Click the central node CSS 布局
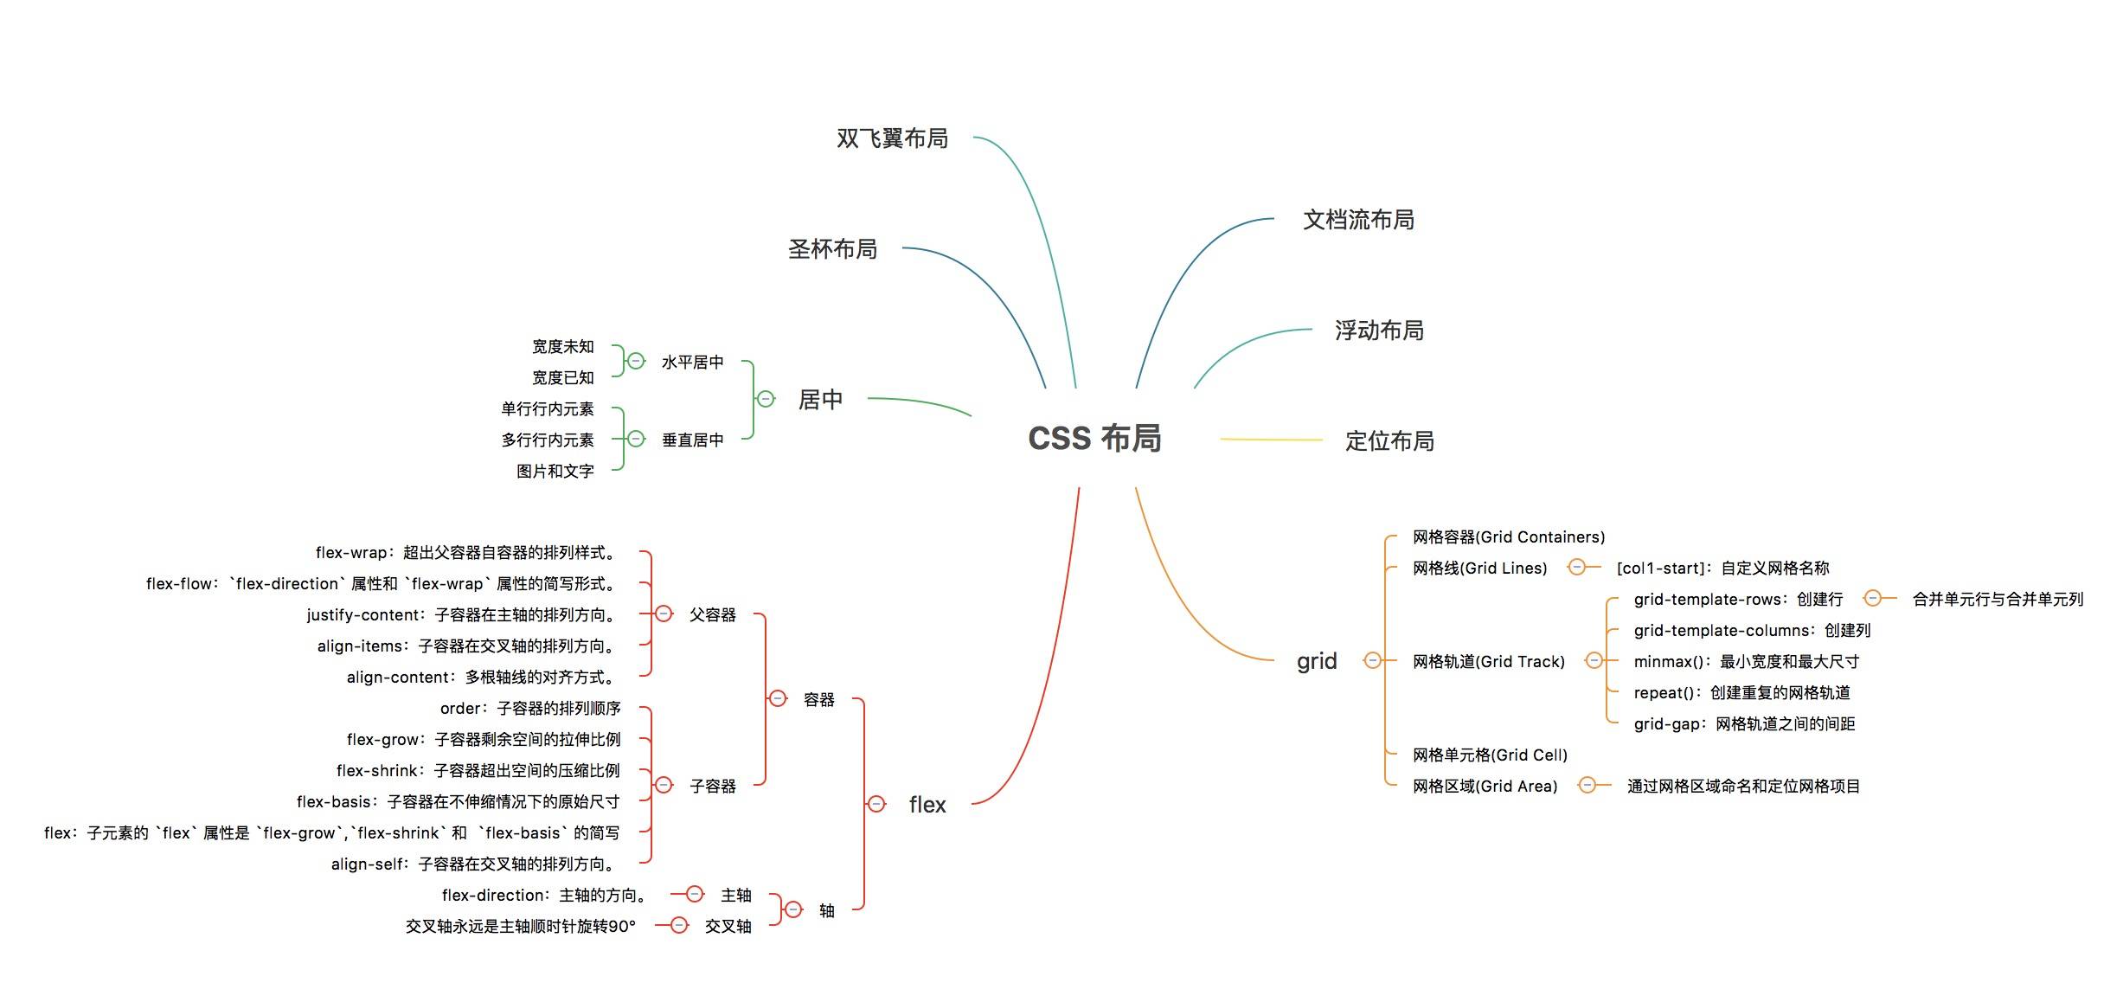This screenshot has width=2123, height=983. click(x=1094, y=439)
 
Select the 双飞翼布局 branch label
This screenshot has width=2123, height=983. click(x=892, y=138)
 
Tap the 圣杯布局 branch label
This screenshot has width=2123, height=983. click(x=832, y=249)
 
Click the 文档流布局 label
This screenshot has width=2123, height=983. click(x=1358, y=220)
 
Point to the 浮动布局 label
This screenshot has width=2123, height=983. click(x=1379, y=331)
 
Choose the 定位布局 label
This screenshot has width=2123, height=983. click(x=1389, y=441)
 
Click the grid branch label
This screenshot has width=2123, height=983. click(x=1317, y=661)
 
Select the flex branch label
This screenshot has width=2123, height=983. click(x=927, y=805)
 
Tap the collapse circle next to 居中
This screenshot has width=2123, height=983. click(x=766, y=399)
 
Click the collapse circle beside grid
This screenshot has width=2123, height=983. click(x=1372, y=661)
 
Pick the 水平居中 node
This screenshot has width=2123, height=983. click(x=692, y=362)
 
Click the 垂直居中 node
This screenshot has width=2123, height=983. click(x=692, y=440)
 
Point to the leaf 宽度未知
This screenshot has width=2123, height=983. click(x=563, y=346)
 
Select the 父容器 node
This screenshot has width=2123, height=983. click(x=713, y=614)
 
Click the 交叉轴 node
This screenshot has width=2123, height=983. click(x=728, y=926)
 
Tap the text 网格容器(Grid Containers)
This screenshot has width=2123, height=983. click(x=1509, y=536)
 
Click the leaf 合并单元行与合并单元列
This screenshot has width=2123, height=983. click(x=1998, y=599)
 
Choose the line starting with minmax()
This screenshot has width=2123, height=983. click(x=1746, y=661)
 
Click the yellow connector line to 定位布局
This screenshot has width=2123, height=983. click(x=1271, y=440)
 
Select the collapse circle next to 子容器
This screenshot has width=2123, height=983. click(x=664, y=785)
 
